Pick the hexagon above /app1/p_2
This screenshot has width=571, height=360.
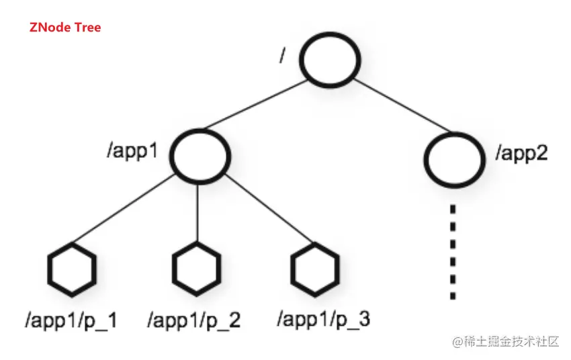196,269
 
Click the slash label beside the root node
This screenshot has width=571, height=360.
283,56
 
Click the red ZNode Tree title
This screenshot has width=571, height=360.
65,28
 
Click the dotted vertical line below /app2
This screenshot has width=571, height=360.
454,252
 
